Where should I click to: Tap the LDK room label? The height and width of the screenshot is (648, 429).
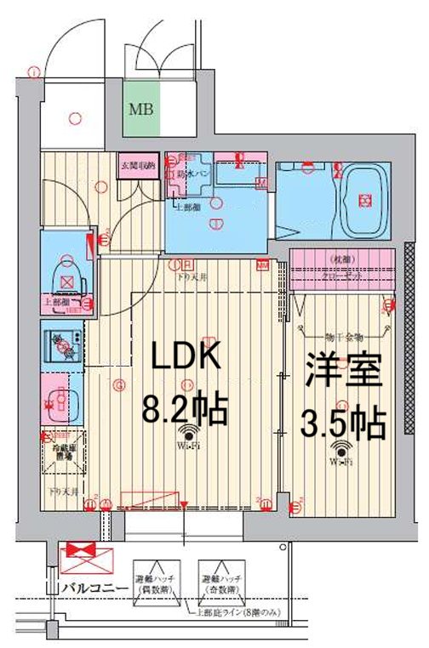[186, 356]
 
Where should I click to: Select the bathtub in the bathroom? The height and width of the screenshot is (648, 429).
[365, 201]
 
